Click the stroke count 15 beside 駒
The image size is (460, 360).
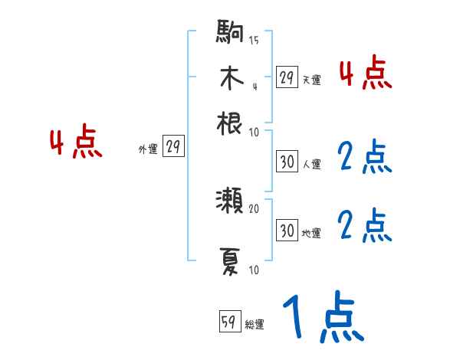point(254,41)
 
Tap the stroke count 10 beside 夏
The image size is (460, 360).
point(254,270)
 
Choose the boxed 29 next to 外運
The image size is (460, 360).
point(173,148)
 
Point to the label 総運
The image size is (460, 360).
point(255,325)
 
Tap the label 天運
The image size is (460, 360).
point(311,79)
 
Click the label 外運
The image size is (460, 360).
point(148,149)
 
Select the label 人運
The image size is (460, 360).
point(311,164)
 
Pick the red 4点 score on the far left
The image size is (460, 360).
point(76,143)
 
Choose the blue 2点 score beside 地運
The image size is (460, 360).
point(365,225)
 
